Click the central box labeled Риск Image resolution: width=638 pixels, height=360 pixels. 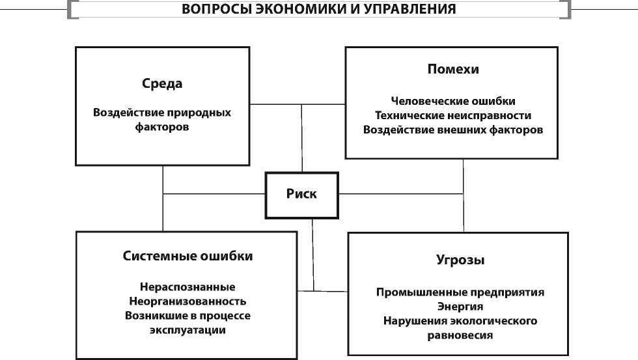(x=301, y=194)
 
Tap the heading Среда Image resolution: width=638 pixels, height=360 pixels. (x=162, y=84)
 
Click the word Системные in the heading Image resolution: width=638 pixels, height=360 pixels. (x=156, y=256)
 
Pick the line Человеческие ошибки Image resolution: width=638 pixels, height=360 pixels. (x=453, y=101)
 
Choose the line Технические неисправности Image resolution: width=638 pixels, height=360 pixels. (x=453, y=115)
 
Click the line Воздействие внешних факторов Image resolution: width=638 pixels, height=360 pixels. (x=453, y=130)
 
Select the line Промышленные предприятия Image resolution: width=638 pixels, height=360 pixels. (x=460, y=292)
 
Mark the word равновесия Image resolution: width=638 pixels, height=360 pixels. (x=460, y=335)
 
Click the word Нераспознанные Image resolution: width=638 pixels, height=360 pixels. (x=187, y=287)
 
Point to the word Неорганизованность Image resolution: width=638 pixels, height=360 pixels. (x=187, y=301)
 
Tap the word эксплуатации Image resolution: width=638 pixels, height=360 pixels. (x=187, y=330)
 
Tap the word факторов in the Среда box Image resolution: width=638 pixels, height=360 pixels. (x=162, y=127)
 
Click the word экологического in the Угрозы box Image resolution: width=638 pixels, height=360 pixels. (x=493, y=321)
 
